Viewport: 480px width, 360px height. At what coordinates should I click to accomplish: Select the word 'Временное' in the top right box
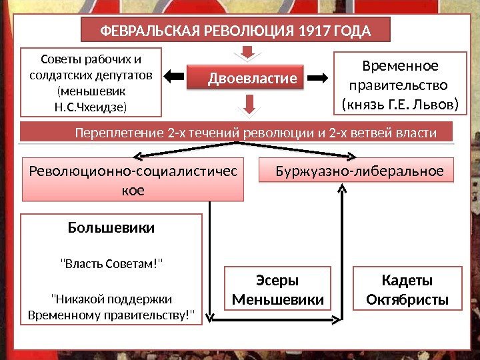click(399, 66)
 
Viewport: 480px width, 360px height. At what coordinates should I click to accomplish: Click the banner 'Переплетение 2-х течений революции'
click(237, 133)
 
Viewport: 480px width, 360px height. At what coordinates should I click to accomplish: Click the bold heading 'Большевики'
click(111, 228)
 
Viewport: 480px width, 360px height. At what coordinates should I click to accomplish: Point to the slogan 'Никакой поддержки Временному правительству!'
click(111, 306)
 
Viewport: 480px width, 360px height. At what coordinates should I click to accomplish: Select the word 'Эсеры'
click(277, 281)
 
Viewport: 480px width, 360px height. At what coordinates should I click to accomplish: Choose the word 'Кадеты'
click(407, 281)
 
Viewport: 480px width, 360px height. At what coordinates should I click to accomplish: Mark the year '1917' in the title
click(314, 31)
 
